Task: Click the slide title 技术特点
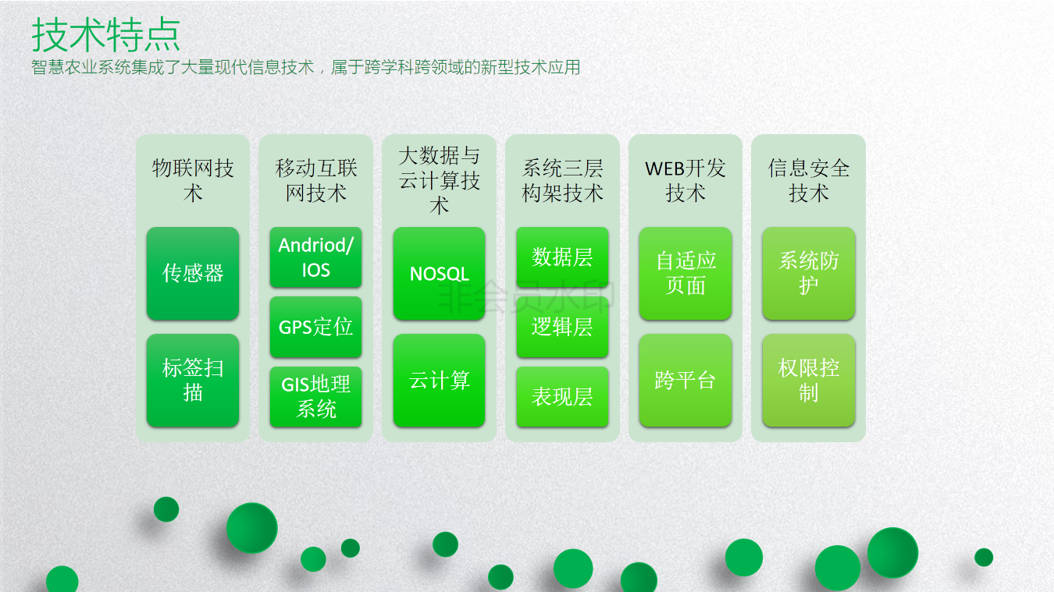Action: point(106,34)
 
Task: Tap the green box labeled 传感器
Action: point(192,273)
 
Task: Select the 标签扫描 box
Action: point(192,380)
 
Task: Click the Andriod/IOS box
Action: point(315,257)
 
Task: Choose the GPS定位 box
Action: point(315,327)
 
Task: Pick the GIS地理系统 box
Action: point(315,396)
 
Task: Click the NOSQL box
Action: point(439,273)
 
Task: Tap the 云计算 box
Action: point(439,380)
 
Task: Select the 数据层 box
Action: point(562,257)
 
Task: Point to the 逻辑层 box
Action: point(562,327)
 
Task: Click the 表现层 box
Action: point(562,396)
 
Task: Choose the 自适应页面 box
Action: point(685,273)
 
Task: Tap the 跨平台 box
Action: point(685,380)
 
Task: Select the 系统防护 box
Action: point(808,273)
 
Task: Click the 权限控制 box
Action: point(808,380)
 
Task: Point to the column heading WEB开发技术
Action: point(685,180)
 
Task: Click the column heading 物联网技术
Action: point(192,180)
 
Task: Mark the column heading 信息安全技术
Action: point(808,180)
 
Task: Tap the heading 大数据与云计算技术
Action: point(439,180)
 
